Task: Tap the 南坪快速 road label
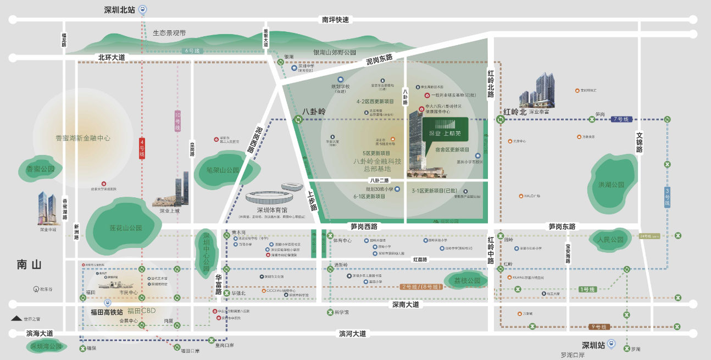(335, 20)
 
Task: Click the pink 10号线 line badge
(177, 121)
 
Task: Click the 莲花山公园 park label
(118, 228)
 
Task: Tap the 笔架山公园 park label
(223, 170)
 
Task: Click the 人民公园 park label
(609, 240)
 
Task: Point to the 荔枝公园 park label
(467, 281)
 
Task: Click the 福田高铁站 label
(107, 312)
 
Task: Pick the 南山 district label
(29, 265)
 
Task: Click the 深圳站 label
(593, 346)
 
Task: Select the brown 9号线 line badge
(600, 327)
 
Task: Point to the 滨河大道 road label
(352, 334)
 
